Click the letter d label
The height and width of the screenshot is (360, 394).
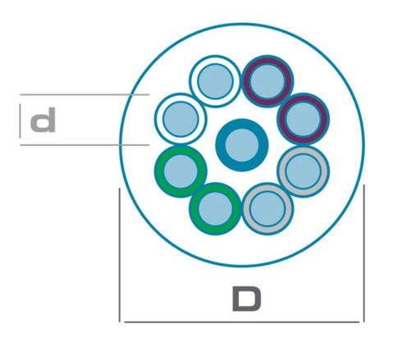pyautogui.click(x=43, y=120)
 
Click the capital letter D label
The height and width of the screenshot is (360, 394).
pyautogui.click(x=246, y=298)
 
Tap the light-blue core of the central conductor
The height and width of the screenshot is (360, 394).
pyautogui.click(x=242, y=145)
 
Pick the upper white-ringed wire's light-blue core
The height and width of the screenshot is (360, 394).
pyautogui.click(x=215, y=81)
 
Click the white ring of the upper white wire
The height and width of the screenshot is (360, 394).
pyautogui.click(x=215, y=59)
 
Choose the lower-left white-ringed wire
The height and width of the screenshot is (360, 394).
pyautogui.click(x=181, y=119)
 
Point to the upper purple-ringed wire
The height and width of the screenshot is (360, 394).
pyautogui.click(x=268, y=81)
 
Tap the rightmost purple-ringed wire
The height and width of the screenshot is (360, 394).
pyautogui.click(x=303, y=119)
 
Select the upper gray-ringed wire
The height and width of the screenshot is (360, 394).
pyautogui.click(x=303, y=171)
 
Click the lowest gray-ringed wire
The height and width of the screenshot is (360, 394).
pyautogui.click(x=268, y=209)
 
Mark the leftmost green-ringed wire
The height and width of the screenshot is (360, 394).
pyautogui.click(x=181, y=171)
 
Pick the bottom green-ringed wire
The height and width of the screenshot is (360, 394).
pyautogui.click(x=215, y=209)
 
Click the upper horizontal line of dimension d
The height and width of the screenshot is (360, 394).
pyautogui.click(x=85, y=94)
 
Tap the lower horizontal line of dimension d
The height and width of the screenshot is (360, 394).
pyautogui.click(x=85, y=145)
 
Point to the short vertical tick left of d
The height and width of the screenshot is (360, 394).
pyautogui.click(x=20, y=121)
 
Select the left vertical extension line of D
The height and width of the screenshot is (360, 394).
pyautogui.click(x=120, y=255)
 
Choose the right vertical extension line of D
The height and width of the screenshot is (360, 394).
pyautogui.click(x=364, y=253)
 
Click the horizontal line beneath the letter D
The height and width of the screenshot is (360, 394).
pyautogui.click(x=242, y=322)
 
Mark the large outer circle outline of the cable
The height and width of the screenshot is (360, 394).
pyautogui.click(x=242, y=24)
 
